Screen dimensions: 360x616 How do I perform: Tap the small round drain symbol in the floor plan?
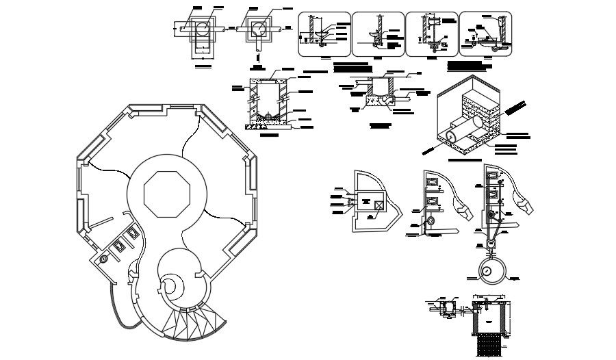(x=104, y=260)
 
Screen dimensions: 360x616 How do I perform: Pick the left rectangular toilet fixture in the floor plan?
(x=118, y=244)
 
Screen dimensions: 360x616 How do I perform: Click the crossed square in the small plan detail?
(x=378, y=203)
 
